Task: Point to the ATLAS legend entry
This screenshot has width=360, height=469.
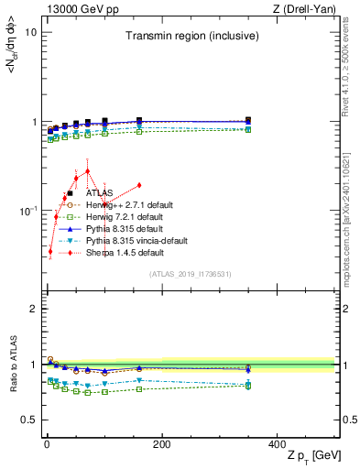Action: pyautogui.click(x=99, y=193)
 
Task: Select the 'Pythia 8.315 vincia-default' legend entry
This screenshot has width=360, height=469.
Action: pyautogui.click(x=131, y=240)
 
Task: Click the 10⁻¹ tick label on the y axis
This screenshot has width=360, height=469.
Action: pyautogui.click(x=27, y=211)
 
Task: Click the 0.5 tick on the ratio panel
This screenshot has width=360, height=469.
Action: pyautogui.click(x=28, y=420)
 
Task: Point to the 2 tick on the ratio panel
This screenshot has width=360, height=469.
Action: pyautogui.click(x=33, y=309)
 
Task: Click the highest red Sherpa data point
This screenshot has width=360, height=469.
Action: pyautogui.click(x=87, y=171)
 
